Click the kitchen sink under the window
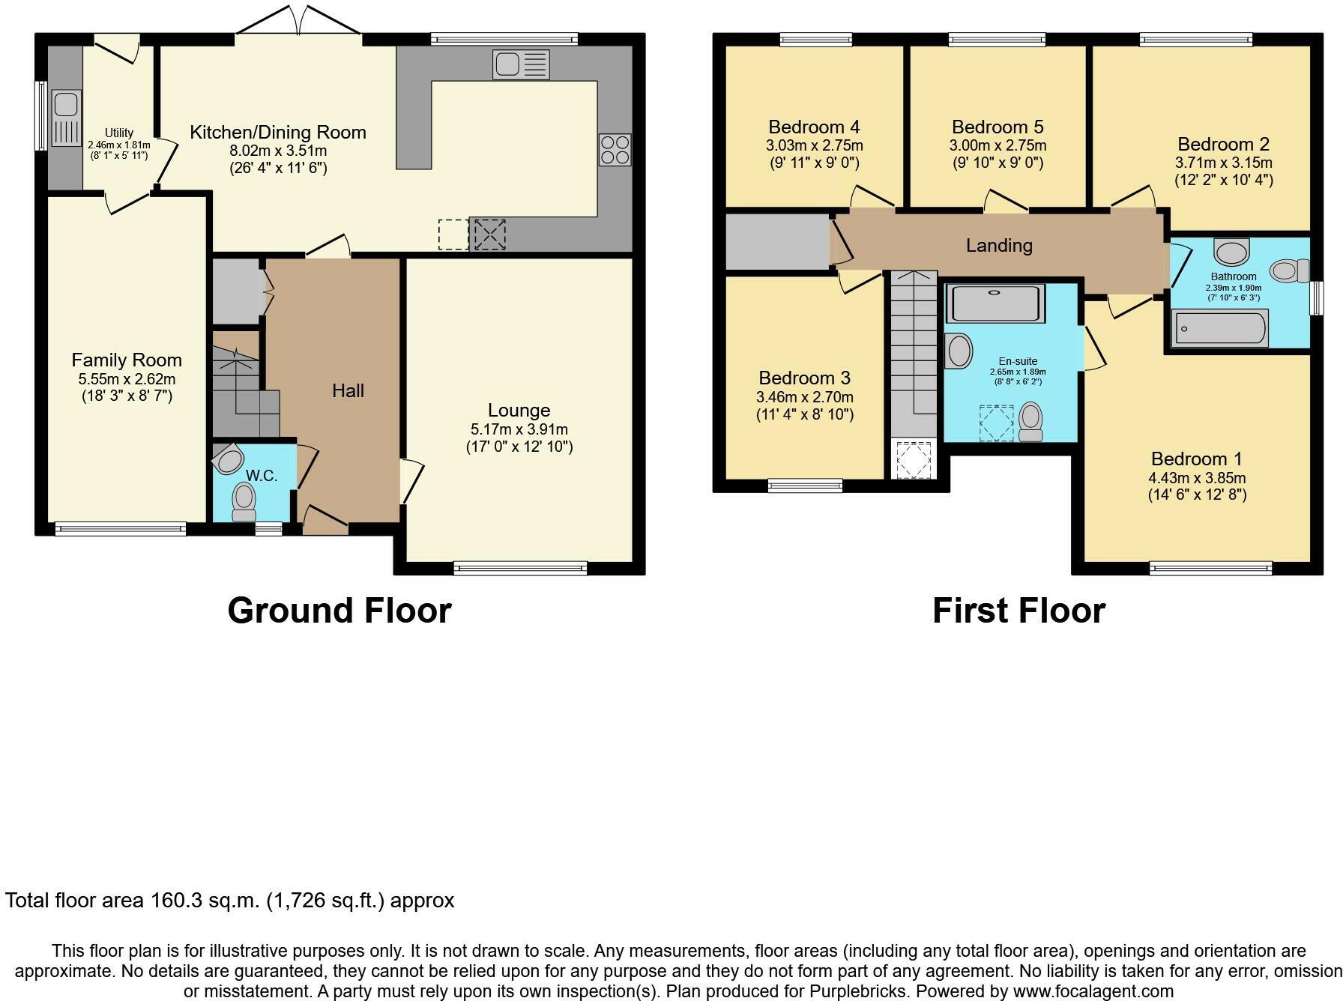(521, 64)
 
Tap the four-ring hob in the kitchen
(615, 149)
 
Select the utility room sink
(65, 118)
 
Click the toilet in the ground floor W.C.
(244, 500)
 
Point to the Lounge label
(519, 410)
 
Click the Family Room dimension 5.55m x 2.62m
(127, 379)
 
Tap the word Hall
(348, 390)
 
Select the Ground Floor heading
(339, 611)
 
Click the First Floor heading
(1018, 611)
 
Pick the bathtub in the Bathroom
(1220, 329)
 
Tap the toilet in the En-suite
(1031, 422)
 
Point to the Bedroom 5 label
(998, 127)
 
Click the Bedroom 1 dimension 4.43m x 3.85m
(1197, 478)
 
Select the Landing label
(998, 245)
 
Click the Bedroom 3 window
(805, 486)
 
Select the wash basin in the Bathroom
(1231, 252)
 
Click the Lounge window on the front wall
(520, 569)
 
